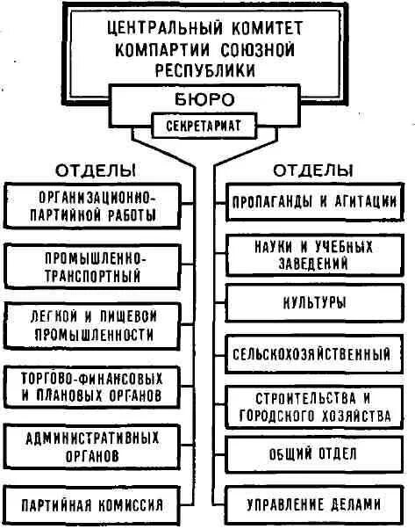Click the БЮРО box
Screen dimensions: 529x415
pyautogui.click(x=208, y=98)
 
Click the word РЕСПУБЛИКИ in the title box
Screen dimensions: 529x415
pyautogui.click(x=208, y=66)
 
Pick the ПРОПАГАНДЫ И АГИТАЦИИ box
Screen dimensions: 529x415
pyautogui.click(x=313, y=201)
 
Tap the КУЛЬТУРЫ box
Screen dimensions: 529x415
pyautogui.click(x=313, y=302)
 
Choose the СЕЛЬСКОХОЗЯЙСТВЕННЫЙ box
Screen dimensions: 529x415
pyautogui.click(x=313, y=356)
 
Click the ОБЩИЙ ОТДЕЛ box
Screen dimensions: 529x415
pyautogui.click(x=313, y=454)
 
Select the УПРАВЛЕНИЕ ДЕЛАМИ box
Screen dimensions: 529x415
pyautogui.click(x=313, y=504)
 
